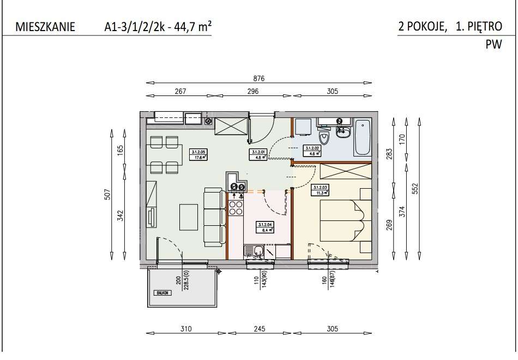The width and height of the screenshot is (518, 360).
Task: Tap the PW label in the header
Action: (x=493, y=46)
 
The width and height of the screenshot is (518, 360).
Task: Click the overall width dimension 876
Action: (x=259, y=79)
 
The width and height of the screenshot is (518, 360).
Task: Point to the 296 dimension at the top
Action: (x=252, y=92)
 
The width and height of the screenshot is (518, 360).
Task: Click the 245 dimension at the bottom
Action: (x=259, y=329)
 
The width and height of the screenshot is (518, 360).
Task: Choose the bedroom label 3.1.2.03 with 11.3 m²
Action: (x=319, y=189)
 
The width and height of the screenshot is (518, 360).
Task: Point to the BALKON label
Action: (x=162, y=292)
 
